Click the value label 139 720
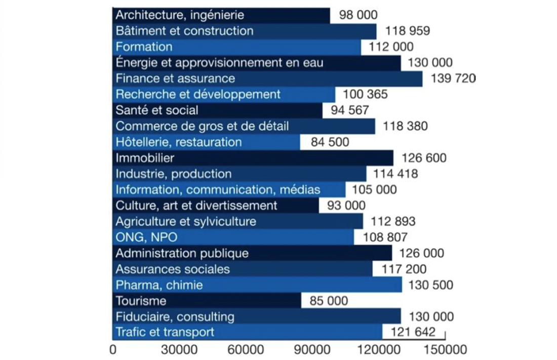click(x=453, y=78)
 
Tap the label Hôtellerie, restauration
click(x=179, y=142)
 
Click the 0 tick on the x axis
click(x=112, y=350)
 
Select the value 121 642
click(x=413, y=332)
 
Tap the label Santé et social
click(x=157, y=110)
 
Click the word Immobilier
click(x=145, y=158)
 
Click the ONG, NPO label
click(x=147, y=237)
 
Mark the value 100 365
click(x=365, y=95)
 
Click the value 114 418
click(x=396, y=174)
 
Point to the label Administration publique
click(x=182, y=253)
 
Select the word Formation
click(x=144, y=47)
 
